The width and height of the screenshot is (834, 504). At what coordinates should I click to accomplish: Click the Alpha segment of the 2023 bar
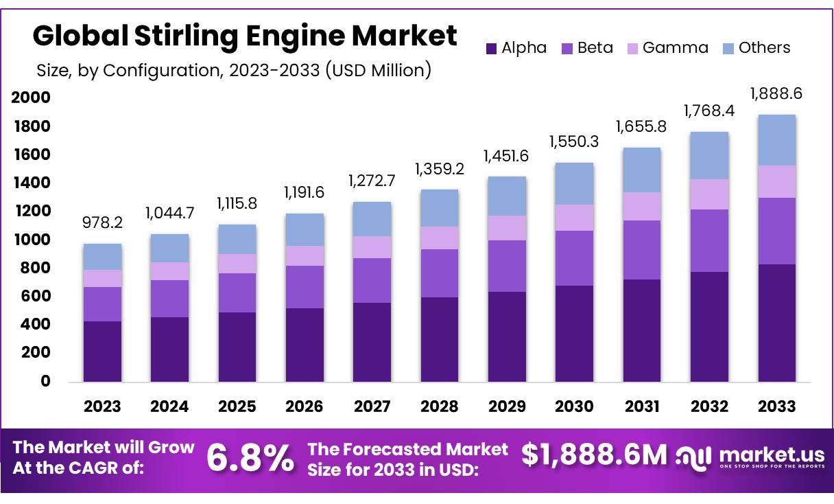coord(102,351)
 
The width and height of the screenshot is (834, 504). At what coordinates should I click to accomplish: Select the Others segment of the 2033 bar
coord(777,140)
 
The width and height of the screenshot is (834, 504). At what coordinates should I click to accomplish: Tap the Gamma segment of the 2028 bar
coord(440,238)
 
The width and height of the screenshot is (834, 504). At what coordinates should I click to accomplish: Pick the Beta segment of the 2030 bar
coord(575,258)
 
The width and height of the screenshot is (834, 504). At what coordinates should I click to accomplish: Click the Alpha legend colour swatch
coord(491,48)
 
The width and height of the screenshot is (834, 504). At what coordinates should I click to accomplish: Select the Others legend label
coord(764,48)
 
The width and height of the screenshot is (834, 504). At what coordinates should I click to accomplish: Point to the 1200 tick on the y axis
coord(32,211)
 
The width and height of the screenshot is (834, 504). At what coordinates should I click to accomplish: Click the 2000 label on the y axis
coord(32,98)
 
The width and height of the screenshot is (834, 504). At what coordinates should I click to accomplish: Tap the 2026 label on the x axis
coord(305,406)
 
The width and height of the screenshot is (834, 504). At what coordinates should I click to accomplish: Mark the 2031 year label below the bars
coord(642,406)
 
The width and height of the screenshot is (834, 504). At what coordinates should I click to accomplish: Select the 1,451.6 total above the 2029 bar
coord(507,157)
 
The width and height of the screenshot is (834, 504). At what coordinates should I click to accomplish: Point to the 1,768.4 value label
coord(709,111)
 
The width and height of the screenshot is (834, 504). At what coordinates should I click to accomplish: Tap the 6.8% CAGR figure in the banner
coord(250,459)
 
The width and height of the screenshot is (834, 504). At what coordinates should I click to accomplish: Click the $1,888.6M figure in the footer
coord(594,455)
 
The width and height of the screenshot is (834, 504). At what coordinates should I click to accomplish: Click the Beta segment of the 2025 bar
coord(237,293)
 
